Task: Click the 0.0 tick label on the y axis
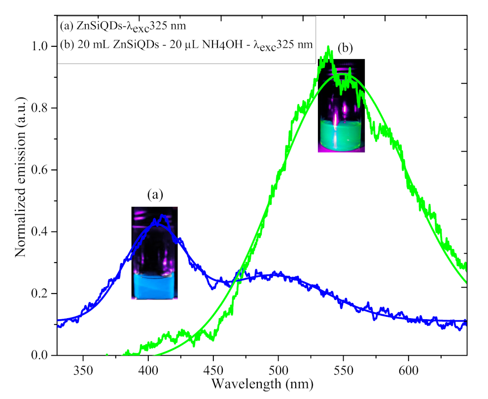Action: point(43,355)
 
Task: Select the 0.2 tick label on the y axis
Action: point(43,294)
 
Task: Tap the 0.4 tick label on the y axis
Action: point(43,232)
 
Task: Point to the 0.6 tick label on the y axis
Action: point(43,170)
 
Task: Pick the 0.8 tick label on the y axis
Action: point(43,108)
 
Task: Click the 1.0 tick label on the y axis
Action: point(43,46)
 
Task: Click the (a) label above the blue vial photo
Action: point(155,195)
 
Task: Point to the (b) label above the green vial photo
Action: point(346,49)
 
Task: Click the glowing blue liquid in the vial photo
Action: point(154,286)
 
